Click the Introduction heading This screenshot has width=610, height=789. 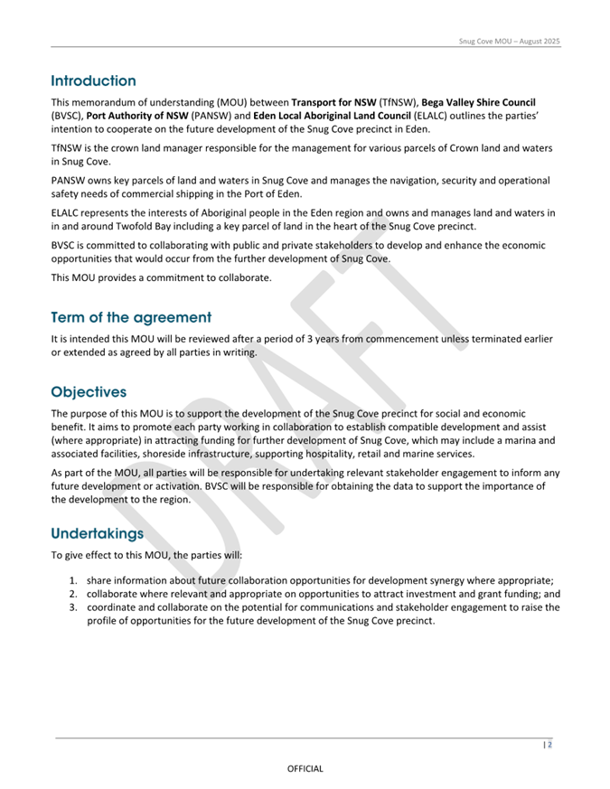pyautogui.click(x=94, y=80)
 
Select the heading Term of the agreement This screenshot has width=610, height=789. pyautogui.click(x=131, y=317)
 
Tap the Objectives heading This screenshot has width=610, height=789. pyautogui.click(x=89, y=393)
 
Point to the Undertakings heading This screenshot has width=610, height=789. pyautogui.click(x=97, y=533)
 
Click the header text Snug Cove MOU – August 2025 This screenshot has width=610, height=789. pyautogui.click(x=510, y=42)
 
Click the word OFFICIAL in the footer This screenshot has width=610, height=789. pyautogui.click(x=305, y=768)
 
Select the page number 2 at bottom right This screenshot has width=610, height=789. pyautogui.click(x=549, y=746)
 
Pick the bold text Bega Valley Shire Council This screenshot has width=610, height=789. pyautogui.click(x=477, y=103)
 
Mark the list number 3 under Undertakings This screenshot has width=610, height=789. pyautogui.click(x=73, y=607)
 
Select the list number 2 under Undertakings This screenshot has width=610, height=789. pyautogui.click(x=73, y=595)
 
